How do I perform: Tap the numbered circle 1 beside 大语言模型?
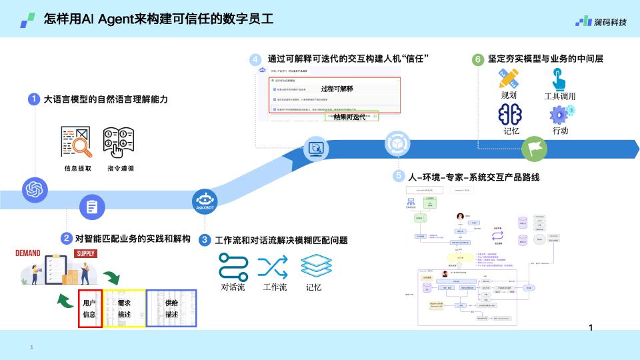click(33, 99)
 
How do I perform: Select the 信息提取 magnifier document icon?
click(75, 141)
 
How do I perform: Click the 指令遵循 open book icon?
click(119, 141)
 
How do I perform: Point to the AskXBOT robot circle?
click(204, 201)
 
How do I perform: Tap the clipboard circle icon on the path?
click(92, 207)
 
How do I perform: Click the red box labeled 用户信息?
click(90, 308)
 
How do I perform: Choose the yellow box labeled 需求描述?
click(124, 308)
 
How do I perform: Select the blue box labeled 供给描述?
click(171, 308)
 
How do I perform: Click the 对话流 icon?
click(233, 267)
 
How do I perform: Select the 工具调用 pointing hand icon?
click(559, 77)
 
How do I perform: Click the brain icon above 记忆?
click(510, 114)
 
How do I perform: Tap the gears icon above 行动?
click(559, 114)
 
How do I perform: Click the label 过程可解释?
click(337, 88)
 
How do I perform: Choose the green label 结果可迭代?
click(349, 116)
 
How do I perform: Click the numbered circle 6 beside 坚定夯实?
click(478, 59)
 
